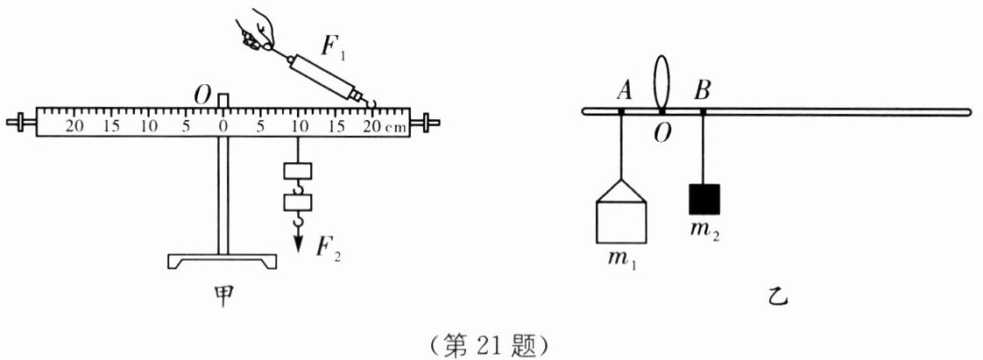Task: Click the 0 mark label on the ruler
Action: click(224, 126)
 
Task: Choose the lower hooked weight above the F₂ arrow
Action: click(299, 204)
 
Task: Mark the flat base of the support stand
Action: click(223, 261)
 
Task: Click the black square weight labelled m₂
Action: click(704, 199)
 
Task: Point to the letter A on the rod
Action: click(625, 89)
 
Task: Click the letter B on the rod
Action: click(704, 89)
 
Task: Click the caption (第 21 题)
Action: click(491, 344)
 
